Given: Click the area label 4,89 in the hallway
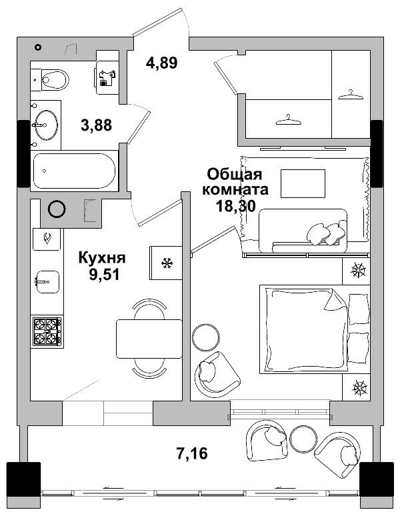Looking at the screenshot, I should (161, 64).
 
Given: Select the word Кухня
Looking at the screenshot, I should (101, 258).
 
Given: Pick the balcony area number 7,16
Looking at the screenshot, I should (192, 455).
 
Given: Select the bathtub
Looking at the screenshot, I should (75, 171).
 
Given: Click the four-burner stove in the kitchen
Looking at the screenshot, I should (47, 331).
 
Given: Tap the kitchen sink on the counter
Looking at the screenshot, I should (47, 280).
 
